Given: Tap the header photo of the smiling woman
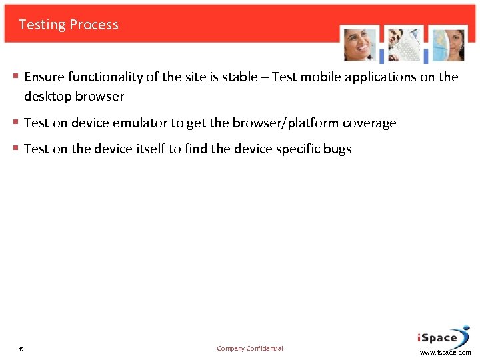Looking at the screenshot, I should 360,44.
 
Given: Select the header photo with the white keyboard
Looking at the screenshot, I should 405,44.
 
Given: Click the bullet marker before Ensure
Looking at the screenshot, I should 16,77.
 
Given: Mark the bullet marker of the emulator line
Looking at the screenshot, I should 16,123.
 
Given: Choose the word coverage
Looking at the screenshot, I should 369,123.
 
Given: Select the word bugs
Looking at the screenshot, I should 337,149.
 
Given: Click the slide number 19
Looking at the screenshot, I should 22,349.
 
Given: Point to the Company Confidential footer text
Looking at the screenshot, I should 250,349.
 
